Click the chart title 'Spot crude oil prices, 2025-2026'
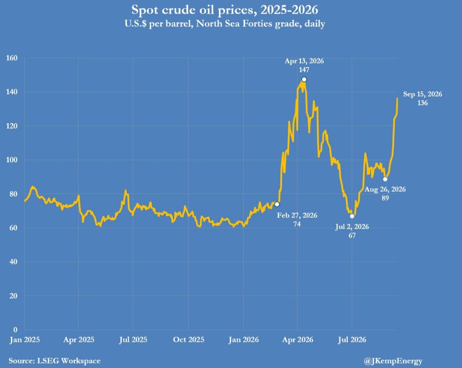(x=225, y=10)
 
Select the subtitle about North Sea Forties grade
(x=225, y=24)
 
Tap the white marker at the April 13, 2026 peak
(x=304, y=80)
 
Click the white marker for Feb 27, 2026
(x=277, y=204)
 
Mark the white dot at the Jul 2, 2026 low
(x=352, y=216)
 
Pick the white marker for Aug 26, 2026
(x=385, y=179)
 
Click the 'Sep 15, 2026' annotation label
(x=422, y=94)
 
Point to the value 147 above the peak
(x=304, y=69)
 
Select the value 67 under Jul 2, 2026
(x=352, y=235)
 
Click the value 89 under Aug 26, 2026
(x=385, y=198)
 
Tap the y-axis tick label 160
(x=12, y=58)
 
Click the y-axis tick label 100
(x=12, y=160)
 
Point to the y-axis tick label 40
(x=13, y=262)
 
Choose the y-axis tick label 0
(x=15, y=329)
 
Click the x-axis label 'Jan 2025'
(x=25, y=340)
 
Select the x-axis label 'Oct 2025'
(x=189, y=340)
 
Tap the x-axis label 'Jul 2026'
(x=352, y=340)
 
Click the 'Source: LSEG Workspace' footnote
(x=55, y=361)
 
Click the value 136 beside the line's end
(x=422, y=103)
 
